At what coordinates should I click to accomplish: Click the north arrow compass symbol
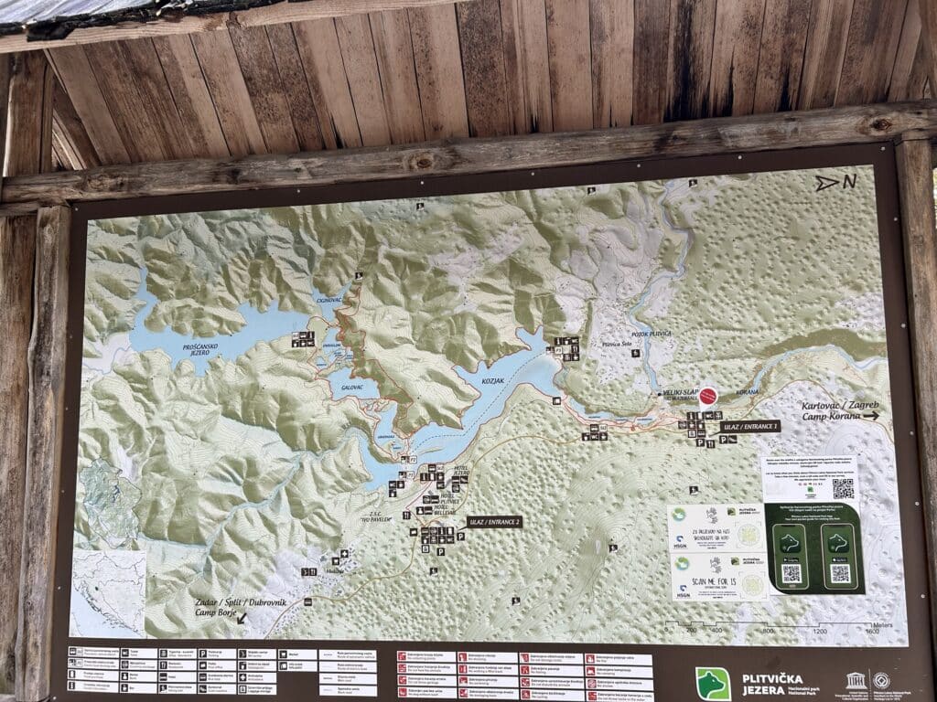click(x=835, y=182)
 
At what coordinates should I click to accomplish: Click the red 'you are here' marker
click(x=707, y=396)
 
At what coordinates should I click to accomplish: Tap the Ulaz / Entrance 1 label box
click(x=749, y=426)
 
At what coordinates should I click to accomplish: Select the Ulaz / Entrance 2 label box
click(x=494, y=521)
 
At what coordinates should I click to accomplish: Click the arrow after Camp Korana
click(x=870, y=416)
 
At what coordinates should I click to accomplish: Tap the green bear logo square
click(x=713, y=682)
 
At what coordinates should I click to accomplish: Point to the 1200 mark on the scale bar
click(x=819, y=631)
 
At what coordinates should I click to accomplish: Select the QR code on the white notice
click(x=843, y=488)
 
